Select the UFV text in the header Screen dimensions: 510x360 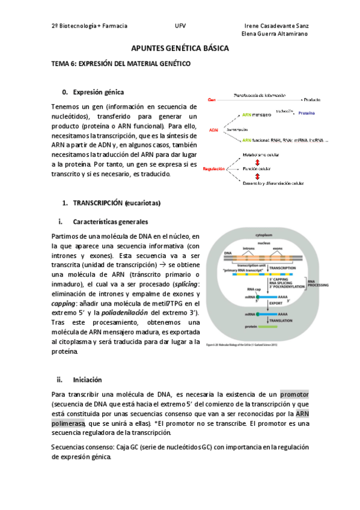pos(180,26)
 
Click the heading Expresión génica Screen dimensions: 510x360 pos(99,92)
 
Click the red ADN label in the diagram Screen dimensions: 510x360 pos(213,130)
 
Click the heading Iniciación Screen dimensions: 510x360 pos(88,379)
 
